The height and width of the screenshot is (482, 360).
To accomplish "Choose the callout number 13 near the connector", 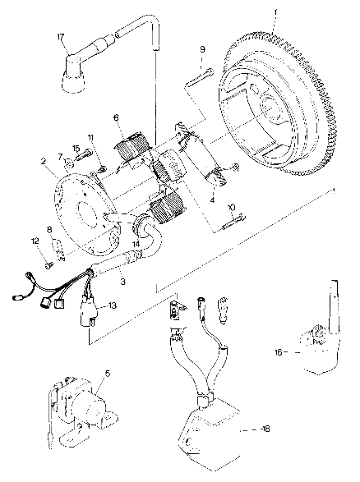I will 113,305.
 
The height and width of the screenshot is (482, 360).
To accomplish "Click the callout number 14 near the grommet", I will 135,243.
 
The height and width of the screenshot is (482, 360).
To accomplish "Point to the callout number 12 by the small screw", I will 36,241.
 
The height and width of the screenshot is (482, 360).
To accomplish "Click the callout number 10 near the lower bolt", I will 231,208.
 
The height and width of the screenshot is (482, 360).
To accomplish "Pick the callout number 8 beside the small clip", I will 50,232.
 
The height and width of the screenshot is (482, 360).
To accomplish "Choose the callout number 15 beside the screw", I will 75,148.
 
